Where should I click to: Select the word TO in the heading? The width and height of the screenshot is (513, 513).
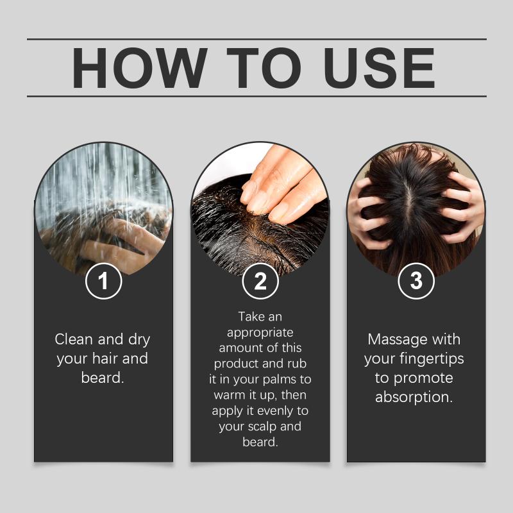click(264, 68)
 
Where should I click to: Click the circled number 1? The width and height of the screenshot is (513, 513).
click(103, 281)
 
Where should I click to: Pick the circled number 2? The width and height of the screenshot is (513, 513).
click(260, 281)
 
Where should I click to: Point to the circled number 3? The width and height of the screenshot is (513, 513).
click(416, 281)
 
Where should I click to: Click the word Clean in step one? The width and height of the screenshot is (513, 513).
click(74, 339)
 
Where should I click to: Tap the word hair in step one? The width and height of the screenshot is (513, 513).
click(105, 358)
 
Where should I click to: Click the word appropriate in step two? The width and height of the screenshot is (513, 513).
click(260, 333)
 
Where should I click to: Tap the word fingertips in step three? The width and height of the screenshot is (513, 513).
click(432, 359)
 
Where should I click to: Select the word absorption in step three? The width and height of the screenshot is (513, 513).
click(414, 398)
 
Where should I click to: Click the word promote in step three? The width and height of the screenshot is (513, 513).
click(423, 378)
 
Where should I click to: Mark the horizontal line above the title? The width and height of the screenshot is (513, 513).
click(256, 39)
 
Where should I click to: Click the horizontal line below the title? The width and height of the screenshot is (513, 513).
click(256, 97)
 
